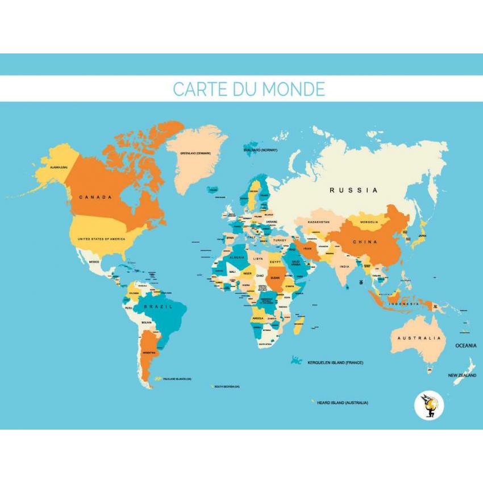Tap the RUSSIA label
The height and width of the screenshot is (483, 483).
353,190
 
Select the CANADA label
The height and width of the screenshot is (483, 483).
95,197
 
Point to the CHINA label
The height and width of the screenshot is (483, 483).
365,242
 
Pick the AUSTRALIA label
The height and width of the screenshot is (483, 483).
419,338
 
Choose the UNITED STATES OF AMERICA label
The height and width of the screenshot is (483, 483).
101,239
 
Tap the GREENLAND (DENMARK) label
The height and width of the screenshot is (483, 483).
195,153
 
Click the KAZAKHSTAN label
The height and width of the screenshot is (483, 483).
318,222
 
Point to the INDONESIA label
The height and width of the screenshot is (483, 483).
403,304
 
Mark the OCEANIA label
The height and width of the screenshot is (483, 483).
465,345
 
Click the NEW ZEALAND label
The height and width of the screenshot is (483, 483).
462,375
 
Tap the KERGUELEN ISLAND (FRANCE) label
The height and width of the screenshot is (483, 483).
335,363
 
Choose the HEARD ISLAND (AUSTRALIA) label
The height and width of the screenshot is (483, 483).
342,402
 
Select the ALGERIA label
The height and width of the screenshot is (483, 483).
236,257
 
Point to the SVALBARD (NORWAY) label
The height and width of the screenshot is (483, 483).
260,150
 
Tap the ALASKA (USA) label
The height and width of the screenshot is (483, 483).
56,168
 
